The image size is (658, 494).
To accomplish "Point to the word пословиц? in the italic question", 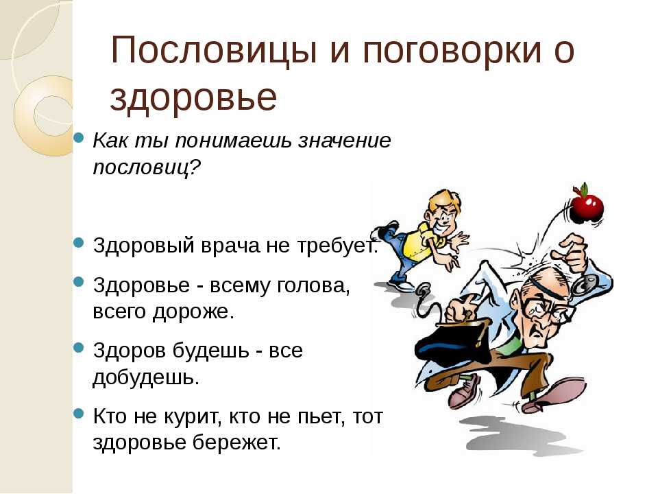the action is [x=147, y=168].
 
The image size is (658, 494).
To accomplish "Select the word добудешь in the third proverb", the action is [x=145, y=377].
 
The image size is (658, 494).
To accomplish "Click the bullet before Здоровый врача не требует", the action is [x=79, y=242].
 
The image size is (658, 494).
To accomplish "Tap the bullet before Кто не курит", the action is [x=79, y=413].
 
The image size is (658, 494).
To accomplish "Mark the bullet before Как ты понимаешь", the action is [x=79, y=137].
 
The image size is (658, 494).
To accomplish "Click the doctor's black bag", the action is [x=454, y=341].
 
